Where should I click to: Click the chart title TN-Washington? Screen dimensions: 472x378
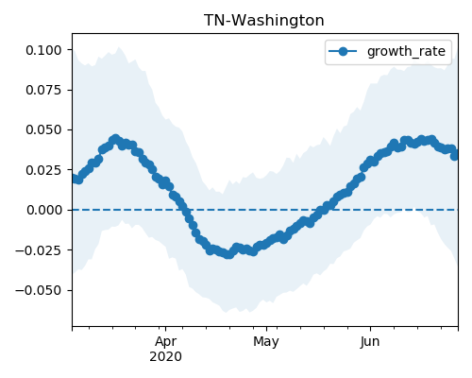click(x=263, y=21)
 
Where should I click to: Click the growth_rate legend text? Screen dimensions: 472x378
click(x=406, y=51)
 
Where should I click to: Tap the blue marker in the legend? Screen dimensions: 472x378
click(x=343, y=51)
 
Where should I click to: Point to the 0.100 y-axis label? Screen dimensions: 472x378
click(x=43, y=50)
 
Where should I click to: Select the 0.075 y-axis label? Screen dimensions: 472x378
click(x=43, y=90)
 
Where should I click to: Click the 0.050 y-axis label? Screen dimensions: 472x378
click(x=43, y=129)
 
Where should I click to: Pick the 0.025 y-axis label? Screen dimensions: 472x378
click(x=43, y=170)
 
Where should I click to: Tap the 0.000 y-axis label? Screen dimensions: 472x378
click(x=43, y=210)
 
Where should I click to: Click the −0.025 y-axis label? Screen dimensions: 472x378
click(x=38, y=250)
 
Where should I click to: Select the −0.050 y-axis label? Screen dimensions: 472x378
click(x=38, y=290)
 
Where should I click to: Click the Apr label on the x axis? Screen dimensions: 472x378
click(x=165, y=342)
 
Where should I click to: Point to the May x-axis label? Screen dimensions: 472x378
click(x=266, y=342)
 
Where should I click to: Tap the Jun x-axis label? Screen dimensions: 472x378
click(x=370, y=342)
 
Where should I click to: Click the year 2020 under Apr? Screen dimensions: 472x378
click(x=165, y=357)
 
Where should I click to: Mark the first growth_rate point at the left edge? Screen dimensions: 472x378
click(x=75, y=179)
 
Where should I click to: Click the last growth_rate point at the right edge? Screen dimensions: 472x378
click(x=455, y=155)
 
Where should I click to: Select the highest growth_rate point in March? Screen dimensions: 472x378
click(x=115, y=139)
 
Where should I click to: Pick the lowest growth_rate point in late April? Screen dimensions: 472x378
click(x=229, y=254)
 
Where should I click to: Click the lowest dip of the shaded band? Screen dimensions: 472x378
click(x=226, y=312)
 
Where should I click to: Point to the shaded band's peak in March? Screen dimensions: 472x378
click(x=119, y=47)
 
